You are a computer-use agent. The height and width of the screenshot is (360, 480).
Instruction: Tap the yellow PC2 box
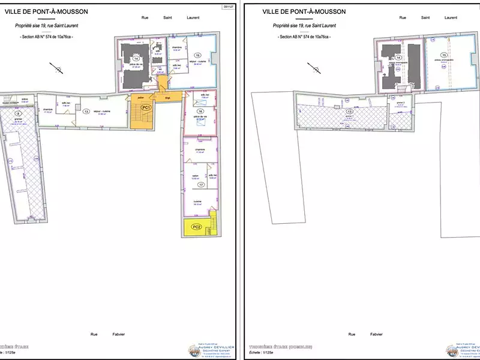[196, 227]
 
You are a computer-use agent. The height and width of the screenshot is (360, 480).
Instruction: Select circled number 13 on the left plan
[86, 112]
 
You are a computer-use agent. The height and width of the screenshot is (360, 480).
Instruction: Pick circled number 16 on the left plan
[200, 112]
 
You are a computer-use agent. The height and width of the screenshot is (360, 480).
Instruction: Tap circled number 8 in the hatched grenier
[18, 113]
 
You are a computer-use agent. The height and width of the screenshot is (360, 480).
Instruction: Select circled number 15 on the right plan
[445, 55]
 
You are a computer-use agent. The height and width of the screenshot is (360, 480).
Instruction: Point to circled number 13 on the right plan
[349, 112]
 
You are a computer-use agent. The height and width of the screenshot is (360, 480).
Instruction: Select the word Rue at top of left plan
[145, 18]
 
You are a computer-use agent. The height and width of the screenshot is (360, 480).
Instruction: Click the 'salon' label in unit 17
[195, 176]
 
